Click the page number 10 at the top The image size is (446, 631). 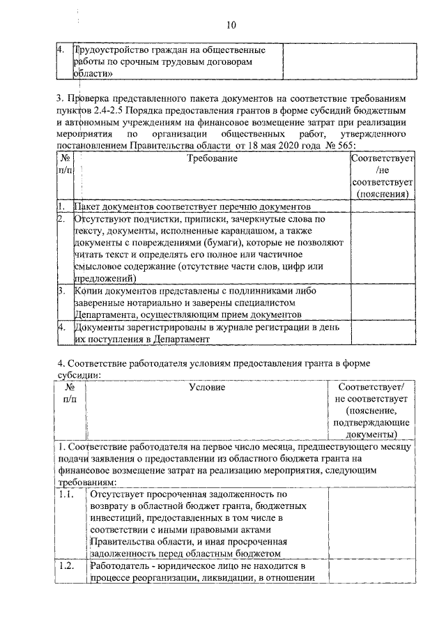pyautogui.click(x=231, y=26)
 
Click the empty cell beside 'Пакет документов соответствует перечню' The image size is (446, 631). pyautogui.click(x=381, y=207)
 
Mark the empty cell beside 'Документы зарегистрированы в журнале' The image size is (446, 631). pyautogui.click(x=381, y=333)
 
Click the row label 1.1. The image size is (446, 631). pyautogui.click(x=66, y=494)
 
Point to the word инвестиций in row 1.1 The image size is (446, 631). pyautogui.click(x=116, y=518)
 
